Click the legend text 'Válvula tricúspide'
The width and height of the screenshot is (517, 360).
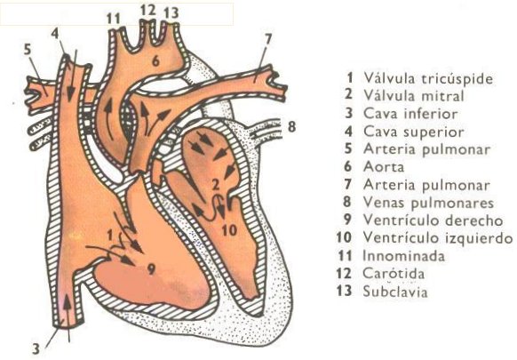click(x=428, y=78)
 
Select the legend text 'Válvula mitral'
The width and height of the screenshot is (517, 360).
click(x=414, y=96)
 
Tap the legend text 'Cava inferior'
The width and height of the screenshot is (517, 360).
click(x=410, y=114)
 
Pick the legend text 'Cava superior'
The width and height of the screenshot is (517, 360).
click(x=414, y=132)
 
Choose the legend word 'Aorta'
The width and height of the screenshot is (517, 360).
click(x=384, y=166)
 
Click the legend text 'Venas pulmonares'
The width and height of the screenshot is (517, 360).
click(x=428, y=202)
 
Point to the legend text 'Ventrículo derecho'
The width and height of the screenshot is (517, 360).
click(x=433, y=220)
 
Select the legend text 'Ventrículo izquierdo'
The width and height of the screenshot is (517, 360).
click(x=438, y=237)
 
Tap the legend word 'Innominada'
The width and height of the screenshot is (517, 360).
click(x=403, y=256)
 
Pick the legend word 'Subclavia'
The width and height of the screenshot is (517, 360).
click(x=395, y=292)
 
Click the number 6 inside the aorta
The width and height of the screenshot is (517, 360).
click(x=155, y=60)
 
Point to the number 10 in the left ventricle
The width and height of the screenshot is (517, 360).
click(x=229, y=230)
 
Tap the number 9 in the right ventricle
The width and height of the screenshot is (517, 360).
click(x=151, y=269)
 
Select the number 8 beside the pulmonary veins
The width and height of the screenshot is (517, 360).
click(x=291, y=126)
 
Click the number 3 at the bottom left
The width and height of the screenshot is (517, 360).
click(x=36, y=349)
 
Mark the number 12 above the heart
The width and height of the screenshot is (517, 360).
click(x=147, y=11)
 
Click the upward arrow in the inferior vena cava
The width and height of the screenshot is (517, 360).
click(x=68, y=317)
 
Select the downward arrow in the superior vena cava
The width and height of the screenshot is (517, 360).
click(x=72, y=76)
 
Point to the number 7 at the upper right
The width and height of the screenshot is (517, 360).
click(x=268, y=39)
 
